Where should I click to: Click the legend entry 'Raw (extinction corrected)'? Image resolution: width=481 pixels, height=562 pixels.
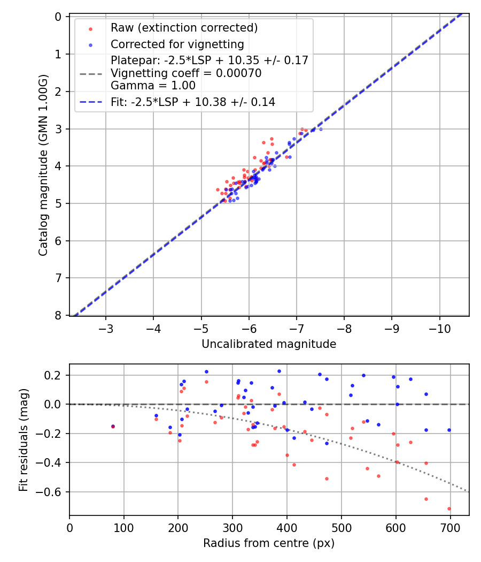pyautogui.click(x=184, y=28)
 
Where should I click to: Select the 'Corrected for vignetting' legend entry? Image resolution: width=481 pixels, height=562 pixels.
pyautogui.click(x=177, y=44)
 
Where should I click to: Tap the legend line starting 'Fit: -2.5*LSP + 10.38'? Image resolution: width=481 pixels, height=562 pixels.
pyautogui.click(x=193, y=102)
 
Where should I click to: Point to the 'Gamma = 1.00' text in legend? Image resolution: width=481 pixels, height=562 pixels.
pyautogui.click(x=153, y=86)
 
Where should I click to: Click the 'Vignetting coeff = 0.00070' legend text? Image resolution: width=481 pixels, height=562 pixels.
pyautogui.click(x=186, y=73)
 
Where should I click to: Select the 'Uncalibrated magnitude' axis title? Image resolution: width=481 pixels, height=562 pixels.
pyautogui.click(x=269, y=344)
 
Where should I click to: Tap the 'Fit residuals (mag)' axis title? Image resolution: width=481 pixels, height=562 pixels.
pyautogui.click(x=23, y=440)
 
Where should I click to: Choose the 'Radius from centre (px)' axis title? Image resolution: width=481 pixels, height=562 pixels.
pyautogui.click(x=269, y=543)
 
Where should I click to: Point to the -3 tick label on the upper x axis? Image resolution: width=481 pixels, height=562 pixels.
pyautogui.click(x=106, y=328)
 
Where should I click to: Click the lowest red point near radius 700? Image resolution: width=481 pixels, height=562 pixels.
pyautogui.click(x=449, y=508)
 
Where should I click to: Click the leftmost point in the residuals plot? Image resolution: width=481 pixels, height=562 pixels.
pyautogui.click(x=113, y=427)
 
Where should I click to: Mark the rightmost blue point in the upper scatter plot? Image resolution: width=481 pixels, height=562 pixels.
pyautogui.click(x=321, y=129)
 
